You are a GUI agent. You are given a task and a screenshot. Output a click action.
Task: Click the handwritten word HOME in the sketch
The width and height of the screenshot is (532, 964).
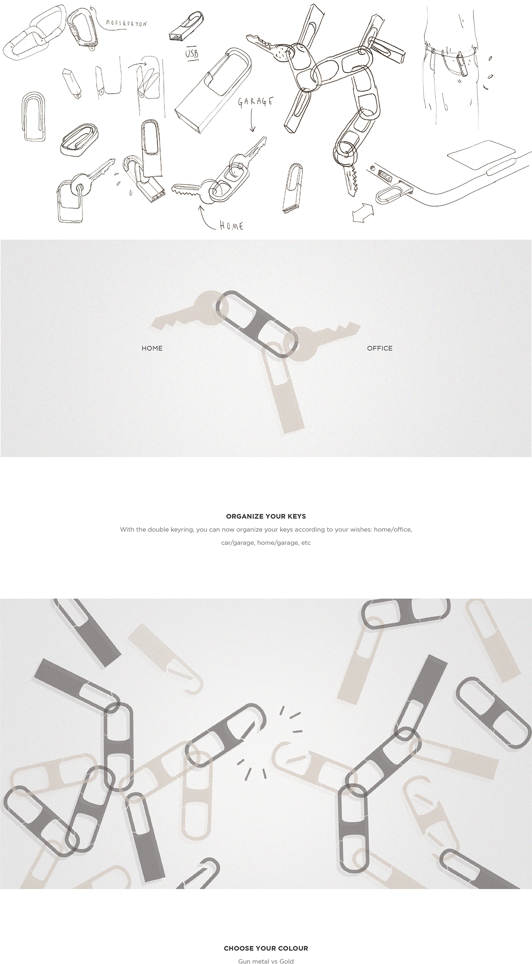pyautogui.click(x=231, y=226)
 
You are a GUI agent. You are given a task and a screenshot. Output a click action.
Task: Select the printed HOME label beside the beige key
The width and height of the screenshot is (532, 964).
pyautogui.click(x=152, y=348)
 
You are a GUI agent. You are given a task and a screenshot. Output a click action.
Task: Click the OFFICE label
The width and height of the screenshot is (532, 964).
pyautogui.click(x=380, y=348)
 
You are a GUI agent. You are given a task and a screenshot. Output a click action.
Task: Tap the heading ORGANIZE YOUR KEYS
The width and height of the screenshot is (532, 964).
pyautogui.click(x=266, y=516)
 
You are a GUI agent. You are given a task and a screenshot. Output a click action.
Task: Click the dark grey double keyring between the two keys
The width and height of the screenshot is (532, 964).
pyautogui.click(x=257, y=324)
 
